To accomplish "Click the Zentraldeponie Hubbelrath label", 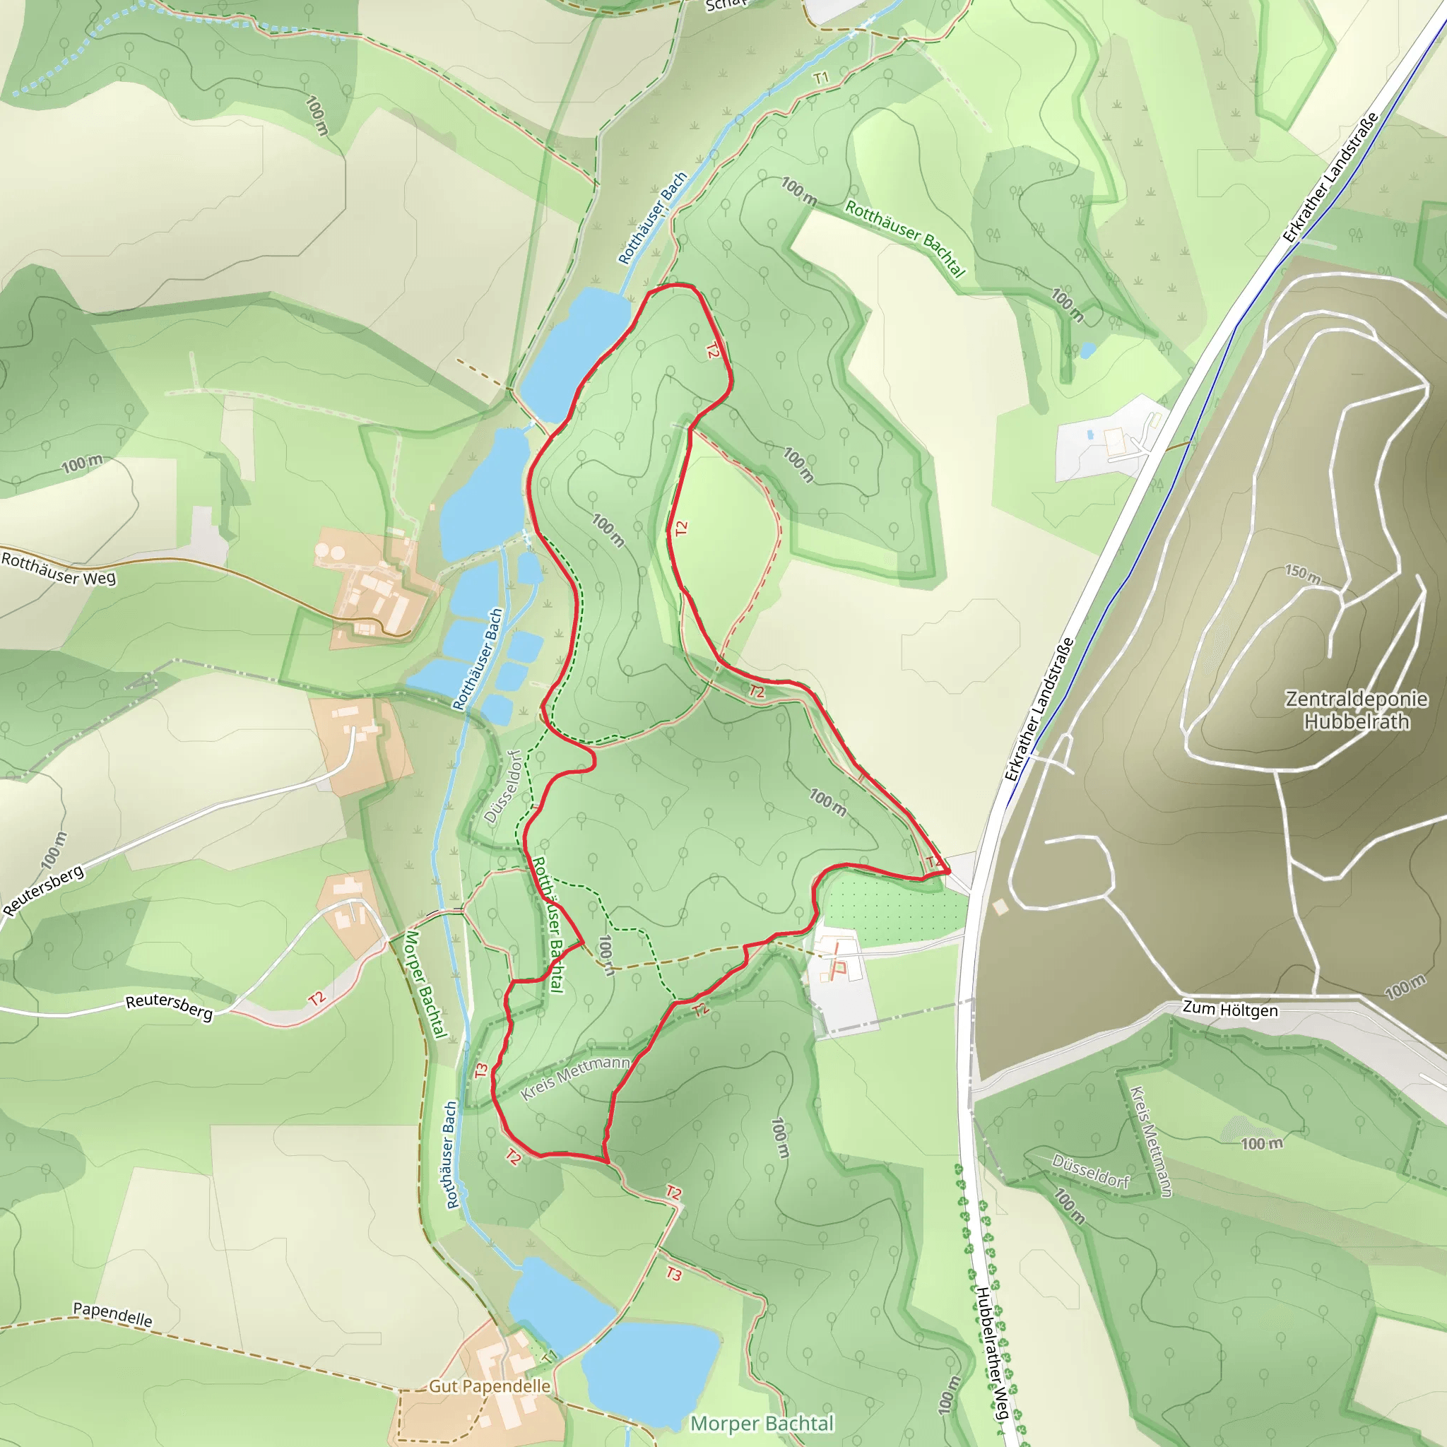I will pyautogui.click(x=1356, y=710).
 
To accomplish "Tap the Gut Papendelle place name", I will pyautogui.click(x=489, y=1386).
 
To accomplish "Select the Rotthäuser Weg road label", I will pyautogui.click(x=59, y=569).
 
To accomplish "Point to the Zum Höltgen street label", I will pyautogui.click(x=1230, y=1009).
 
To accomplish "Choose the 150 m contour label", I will pyautogui.click(x=1302, y=574).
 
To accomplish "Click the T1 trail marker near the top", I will pyautogui.click(x=821, y=78).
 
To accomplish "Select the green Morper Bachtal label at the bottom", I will pyautogui.click(x=762, y=1423).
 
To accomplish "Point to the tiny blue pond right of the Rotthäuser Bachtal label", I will pyautogui.click(x=1087, y=350).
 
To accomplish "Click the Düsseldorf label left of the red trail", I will pyautogui.click(x=502, y=786).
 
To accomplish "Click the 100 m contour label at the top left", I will pyautogui.click(x=317, y=115).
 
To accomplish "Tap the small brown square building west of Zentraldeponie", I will pyautogui.click(x=1000, y=907).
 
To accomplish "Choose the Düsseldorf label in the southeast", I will pyautogui.click(x=1089, y=1171).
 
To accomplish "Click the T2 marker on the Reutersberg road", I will pyautogui.click(x=316, y=998).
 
